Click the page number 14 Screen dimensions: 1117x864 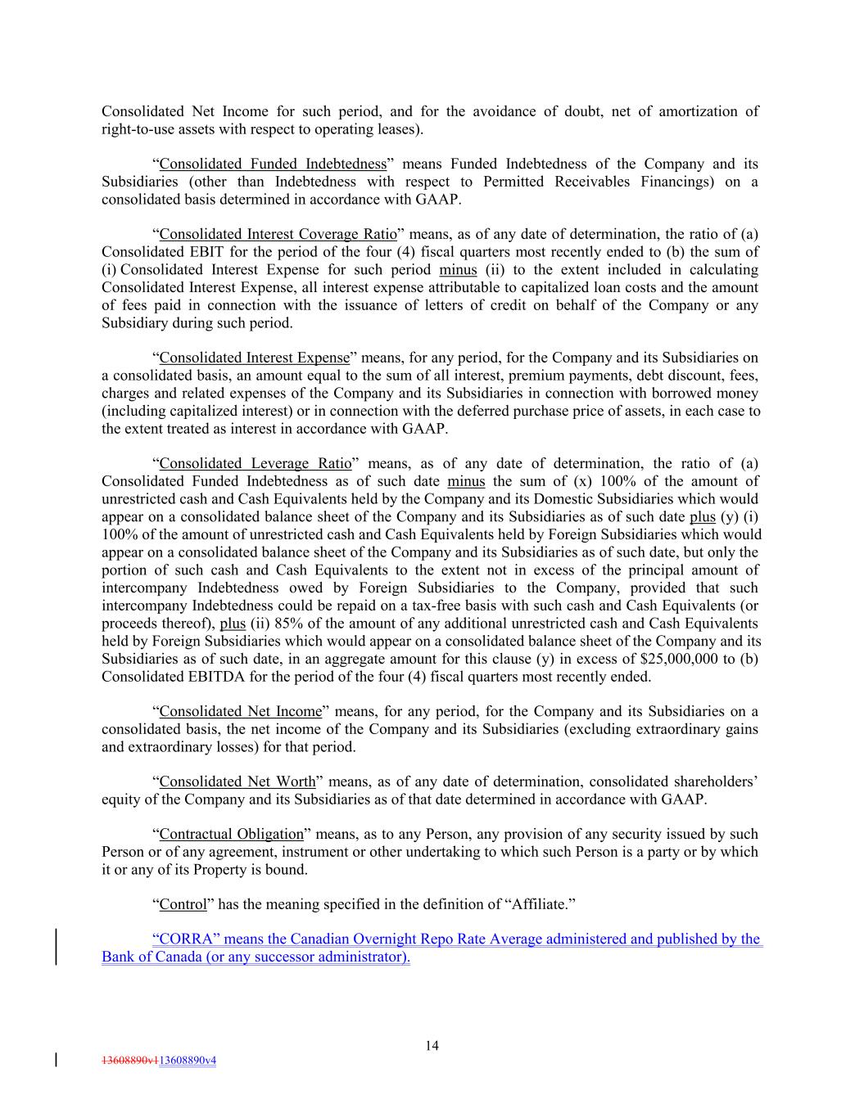point(432,1045)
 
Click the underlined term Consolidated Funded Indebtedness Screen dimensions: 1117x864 point(273,164)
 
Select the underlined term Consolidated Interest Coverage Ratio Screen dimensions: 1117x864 point(278,234)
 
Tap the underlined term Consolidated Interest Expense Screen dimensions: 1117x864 point(254,358)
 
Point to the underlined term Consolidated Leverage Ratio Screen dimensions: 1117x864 point(255,463)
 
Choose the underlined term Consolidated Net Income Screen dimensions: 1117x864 point(240,711)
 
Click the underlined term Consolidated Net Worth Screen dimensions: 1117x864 point(237,781)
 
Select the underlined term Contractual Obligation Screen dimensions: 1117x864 point(231,834)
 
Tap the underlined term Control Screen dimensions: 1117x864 point(183,904)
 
